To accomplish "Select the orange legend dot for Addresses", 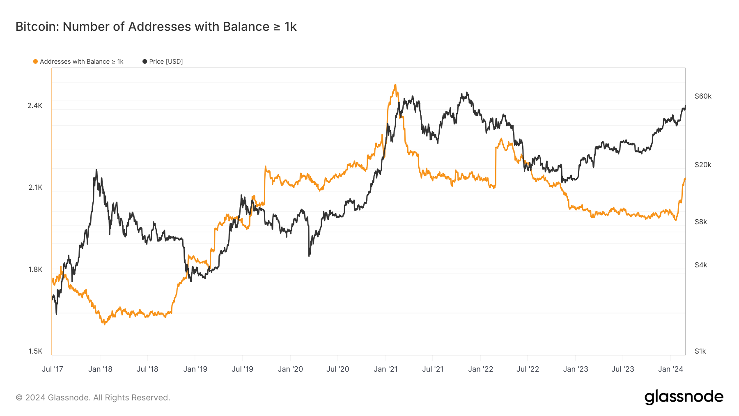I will [35, 62].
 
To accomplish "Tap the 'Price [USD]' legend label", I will [166, 62].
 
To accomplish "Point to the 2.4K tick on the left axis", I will [35, 106].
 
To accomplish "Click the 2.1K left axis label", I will [35, 187].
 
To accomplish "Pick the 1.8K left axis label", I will [35, 269].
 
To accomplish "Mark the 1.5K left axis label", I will [35, 351].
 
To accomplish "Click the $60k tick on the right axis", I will [703, 96].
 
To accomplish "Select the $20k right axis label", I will [703, 165].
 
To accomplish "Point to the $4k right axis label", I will [701, 265].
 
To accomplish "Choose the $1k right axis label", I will [700, 351].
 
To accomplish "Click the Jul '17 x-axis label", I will [53, 369].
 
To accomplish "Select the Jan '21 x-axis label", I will [386, 369].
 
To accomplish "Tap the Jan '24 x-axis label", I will [670, 369].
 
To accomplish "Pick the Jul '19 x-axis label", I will [242, 369].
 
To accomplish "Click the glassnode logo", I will [684, 397].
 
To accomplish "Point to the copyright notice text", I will [93, 398].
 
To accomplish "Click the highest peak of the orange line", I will [395, 85].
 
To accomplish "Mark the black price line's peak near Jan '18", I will [96, 170].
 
